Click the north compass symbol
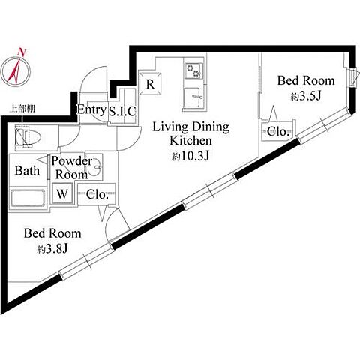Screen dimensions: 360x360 click(16, 72)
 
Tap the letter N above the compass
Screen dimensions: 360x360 click(22, 52)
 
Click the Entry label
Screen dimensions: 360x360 click(91, 109)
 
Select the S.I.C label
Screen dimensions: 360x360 click(122, 111)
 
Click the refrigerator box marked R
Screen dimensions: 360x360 click(150, 84)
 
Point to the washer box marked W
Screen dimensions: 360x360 click(62, 193)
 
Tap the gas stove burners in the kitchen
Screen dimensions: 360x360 click(193, 70)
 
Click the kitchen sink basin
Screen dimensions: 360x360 click(192, 97)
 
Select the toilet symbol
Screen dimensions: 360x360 click(28, 138)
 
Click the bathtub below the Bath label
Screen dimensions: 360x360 click(28, 198)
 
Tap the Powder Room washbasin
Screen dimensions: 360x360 click(94, 167)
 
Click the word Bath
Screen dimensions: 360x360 click(27, 171)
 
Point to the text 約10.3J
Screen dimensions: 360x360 click(190, 157)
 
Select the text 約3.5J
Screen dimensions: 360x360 click(305, 96)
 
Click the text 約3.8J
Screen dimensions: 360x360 click(52, 249)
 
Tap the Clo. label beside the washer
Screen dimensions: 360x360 click(97, 194)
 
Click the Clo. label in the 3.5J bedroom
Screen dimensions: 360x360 click(278, 131)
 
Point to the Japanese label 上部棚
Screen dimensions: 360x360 click(22, 109)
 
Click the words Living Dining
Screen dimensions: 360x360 click(191, 127)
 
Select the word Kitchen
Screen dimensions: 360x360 click(191, 141)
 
